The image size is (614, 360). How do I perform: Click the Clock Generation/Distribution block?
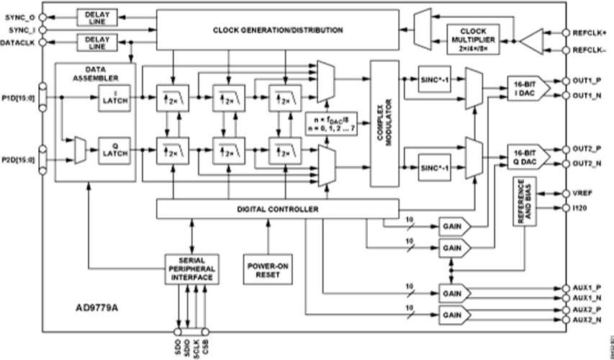click(277, 30)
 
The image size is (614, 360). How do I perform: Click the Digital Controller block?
click(277, 209)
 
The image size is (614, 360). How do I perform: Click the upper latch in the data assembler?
click(114, 100)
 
